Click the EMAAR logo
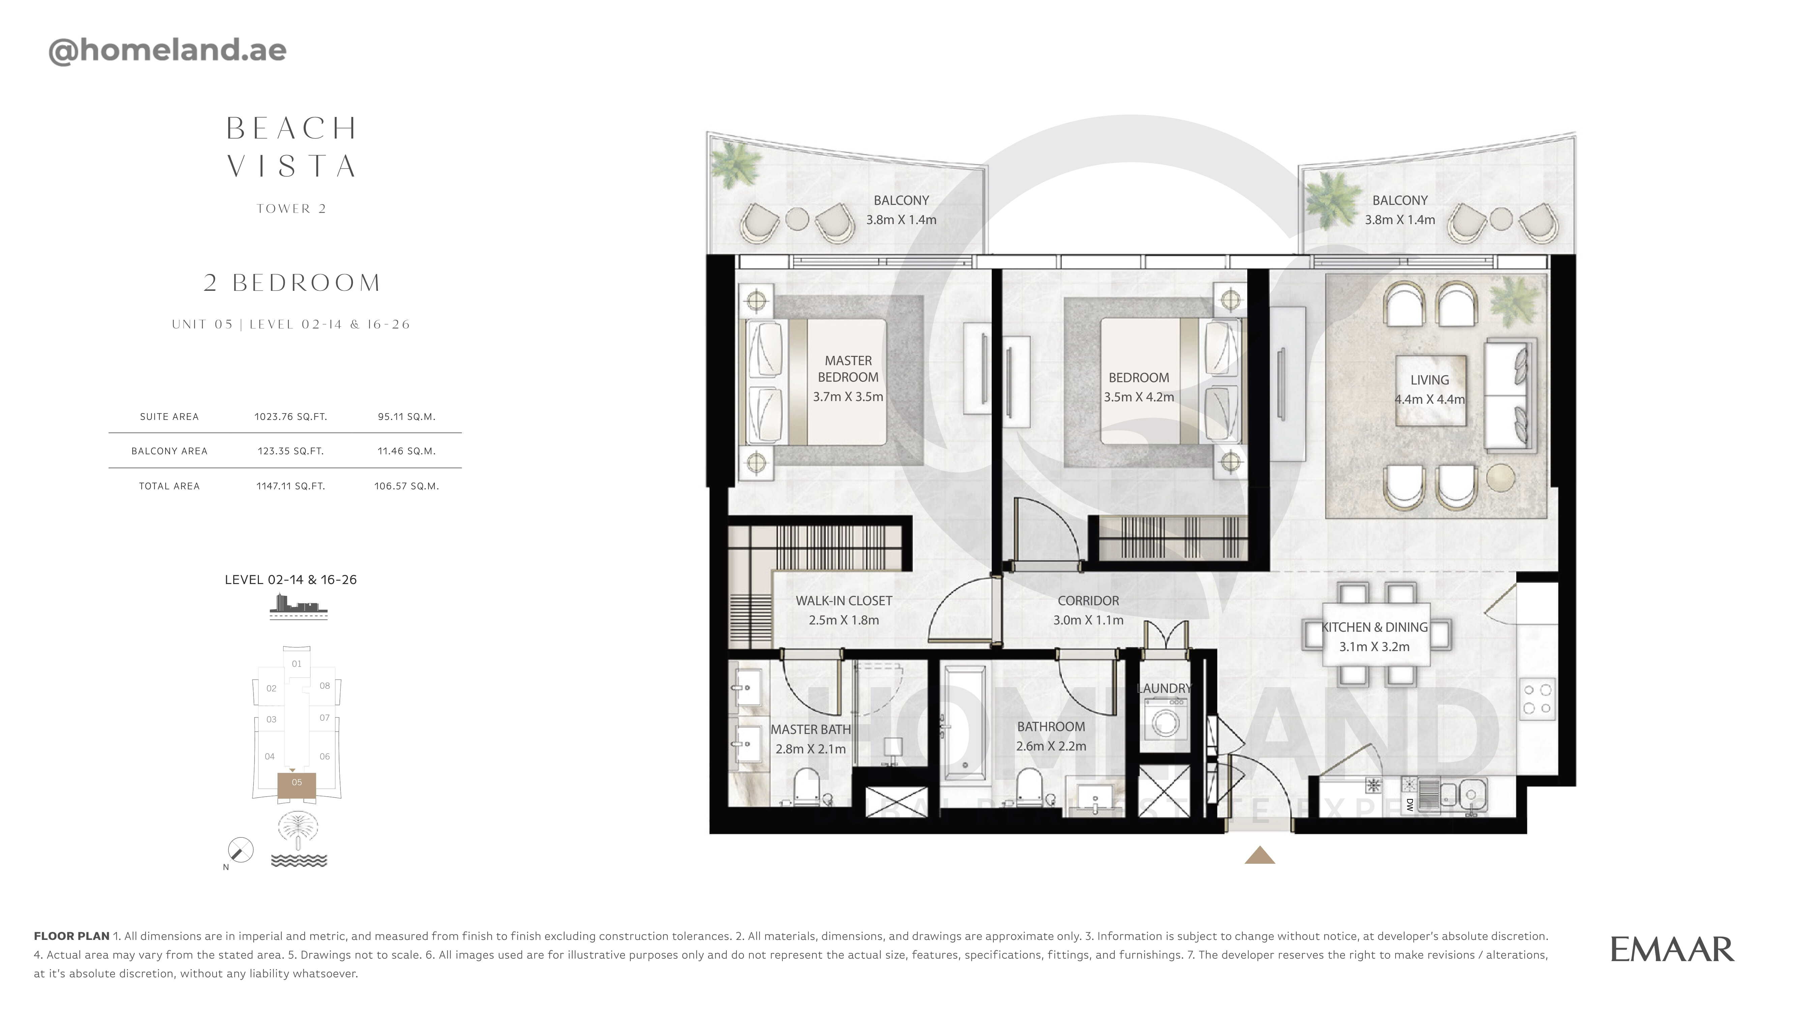1672,950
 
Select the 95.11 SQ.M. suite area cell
406,417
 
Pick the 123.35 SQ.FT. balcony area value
290,451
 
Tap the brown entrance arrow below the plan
1259,855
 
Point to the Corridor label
1088,601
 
